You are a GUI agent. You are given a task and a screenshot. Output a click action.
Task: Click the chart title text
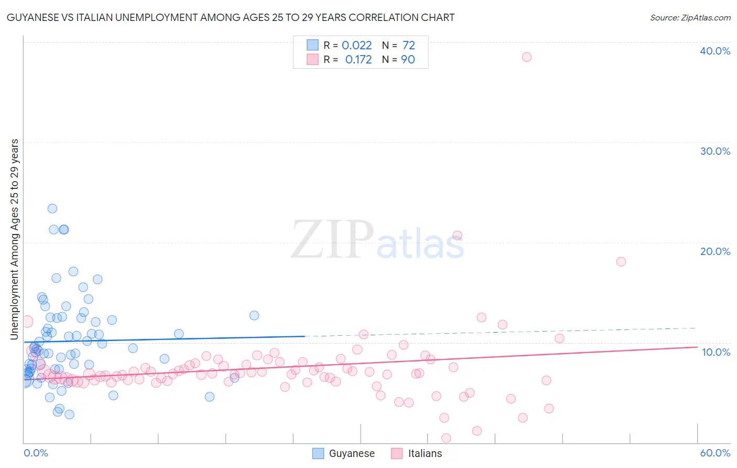coord(231,17)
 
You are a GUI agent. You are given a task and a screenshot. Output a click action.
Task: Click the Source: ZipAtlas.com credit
coord(690,17)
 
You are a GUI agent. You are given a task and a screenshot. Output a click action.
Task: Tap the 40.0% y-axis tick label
coord(715,51)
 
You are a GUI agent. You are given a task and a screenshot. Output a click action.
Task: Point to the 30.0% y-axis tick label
coord(715,151)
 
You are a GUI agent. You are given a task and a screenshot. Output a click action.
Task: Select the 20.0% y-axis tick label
coord(715,251)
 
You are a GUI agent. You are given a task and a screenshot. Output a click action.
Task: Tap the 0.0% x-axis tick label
coord(36,453)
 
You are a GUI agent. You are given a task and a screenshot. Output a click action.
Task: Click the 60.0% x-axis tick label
coord(715,453)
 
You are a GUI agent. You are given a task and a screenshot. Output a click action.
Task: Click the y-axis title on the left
coord(15,239)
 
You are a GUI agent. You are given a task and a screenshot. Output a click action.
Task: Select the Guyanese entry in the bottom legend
coord(351,453)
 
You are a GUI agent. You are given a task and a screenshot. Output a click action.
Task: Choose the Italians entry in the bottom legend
coord(425,453)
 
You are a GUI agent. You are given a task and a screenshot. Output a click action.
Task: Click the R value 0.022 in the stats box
coord(356,46)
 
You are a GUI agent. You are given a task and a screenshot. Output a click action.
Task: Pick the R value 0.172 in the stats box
coord(359,60)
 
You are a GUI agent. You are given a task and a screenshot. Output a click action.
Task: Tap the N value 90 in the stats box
coord(408,60)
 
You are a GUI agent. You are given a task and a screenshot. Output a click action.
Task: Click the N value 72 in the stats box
coord(409,46)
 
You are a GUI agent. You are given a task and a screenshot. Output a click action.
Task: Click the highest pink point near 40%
coord(527,57)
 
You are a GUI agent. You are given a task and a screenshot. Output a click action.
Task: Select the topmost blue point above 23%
coord(52,208)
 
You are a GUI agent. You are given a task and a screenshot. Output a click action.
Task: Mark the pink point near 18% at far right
coord(621,261)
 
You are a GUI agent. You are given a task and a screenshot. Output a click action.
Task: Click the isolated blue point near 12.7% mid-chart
coord(254,315)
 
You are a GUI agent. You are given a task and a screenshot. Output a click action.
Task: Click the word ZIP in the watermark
coord(332,240)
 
